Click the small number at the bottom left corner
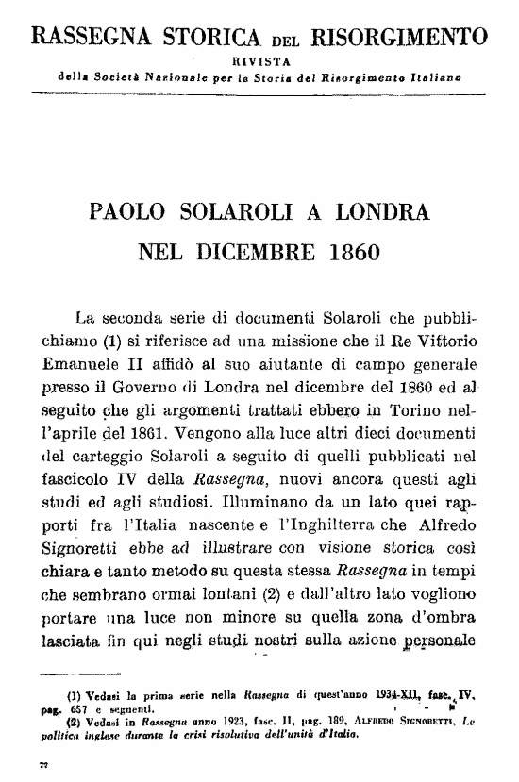pos(43,762)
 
